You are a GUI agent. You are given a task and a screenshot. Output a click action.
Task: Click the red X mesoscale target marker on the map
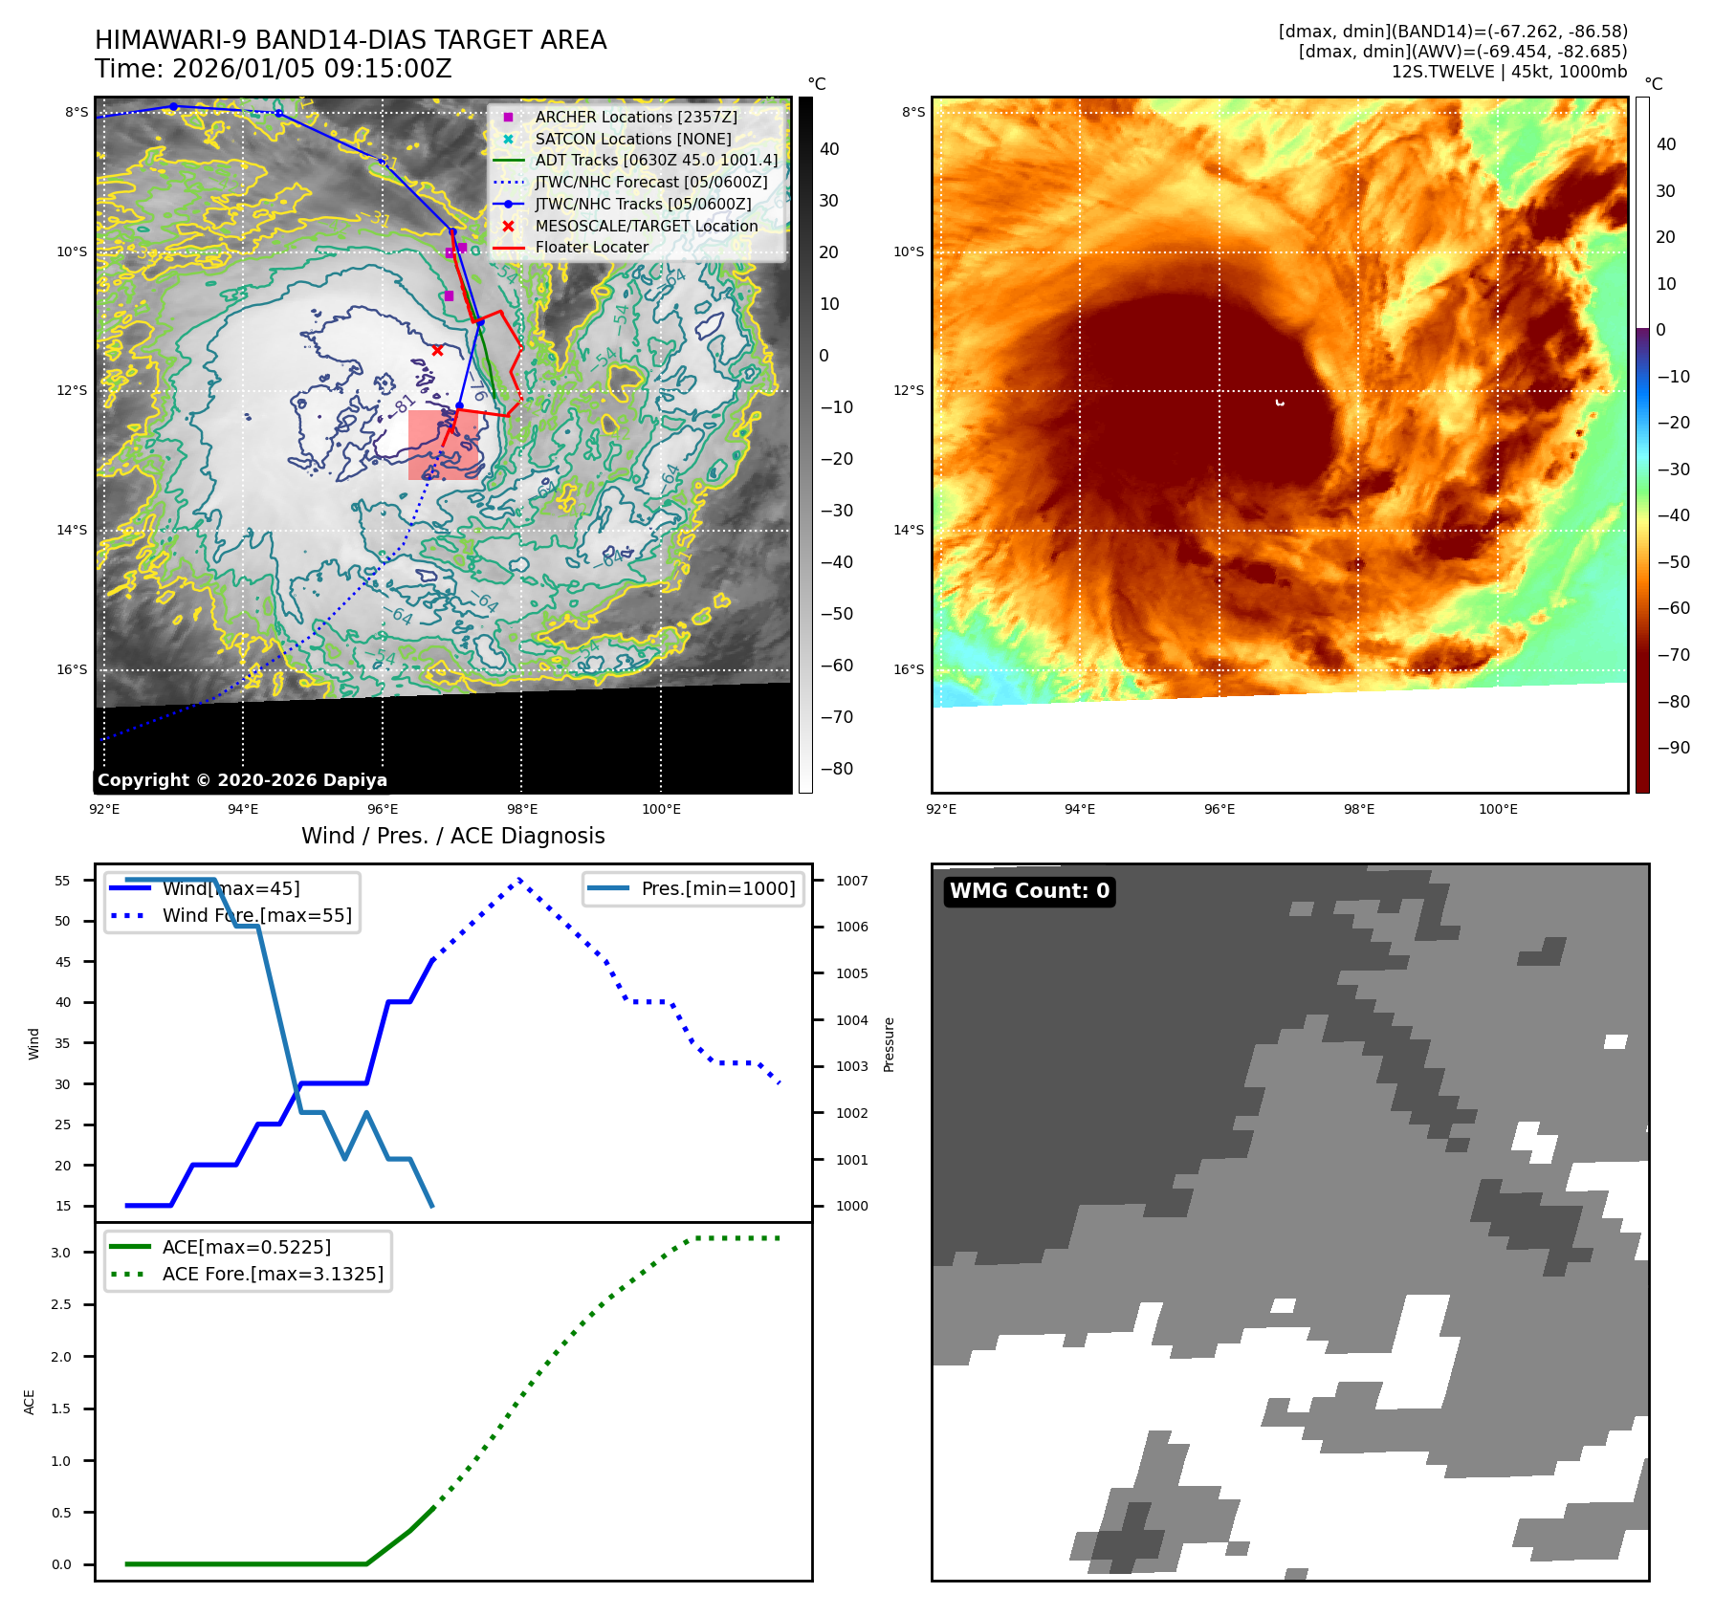(437, 350)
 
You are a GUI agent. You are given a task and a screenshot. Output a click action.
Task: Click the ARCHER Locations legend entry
(635, 117)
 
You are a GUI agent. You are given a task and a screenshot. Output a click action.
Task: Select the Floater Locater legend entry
(591, 247)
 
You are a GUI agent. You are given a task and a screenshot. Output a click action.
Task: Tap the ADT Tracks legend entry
(655, 160)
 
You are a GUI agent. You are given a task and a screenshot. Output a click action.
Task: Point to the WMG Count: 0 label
(1029, 891)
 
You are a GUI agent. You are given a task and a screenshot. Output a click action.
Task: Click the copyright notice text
(242, 780)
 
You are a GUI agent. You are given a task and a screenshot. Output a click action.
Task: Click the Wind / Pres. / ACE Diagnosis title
(452, 836)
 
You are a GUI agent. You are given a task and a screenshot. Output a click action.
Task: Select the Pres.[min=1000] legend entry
(717, 888)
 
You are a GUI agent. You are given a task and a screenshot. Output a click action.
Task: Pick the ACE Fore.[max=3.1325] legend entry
(273, 1274)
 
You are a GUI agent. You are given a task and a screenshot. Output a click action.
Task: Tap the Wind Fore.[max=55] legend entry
(256, 915)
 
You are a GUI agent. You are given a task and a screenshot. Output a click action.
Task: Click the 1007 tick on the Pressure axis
(851, 881)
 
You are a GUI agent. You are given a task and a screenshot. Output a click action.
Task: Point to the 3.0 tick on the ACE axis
(61, 1253)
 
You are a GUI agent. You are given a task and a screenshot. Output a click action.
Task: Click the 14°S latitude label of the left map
(72, 530)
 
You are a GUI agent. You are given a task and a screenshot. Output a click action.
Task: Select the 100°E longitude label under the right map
(1498, 809)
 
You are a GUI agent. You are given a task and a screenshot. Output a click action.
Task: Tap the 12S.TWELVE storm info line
(1508, 72)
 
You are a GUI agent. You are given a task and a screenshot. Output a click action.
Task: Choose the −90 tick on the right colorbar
(1673, 748)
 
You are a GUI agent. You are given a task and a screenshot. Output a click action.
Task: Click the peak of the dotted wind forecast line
(519, 879)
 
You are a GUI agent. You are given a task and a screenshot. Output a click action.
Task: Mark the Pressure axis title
(889, 1043)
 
